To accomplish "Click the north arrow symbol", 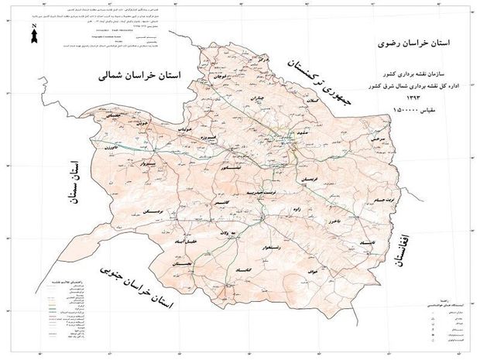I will tap(36, 35).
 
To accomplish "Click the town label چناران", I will tap(258, 98).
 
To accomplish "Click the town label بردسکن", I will tap(153, 211).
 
